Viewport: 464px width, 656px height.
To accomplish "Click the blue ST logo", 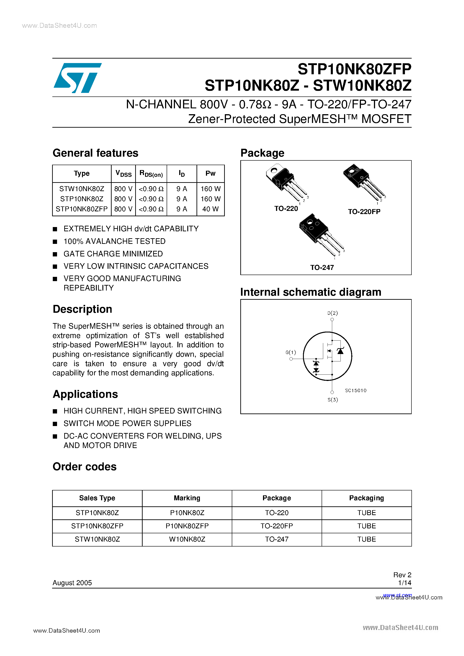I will pyautogui.click(x=77, y=78).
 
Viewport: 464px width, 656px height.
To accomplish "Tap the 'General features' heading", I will pyautogui.click(x=95, y=153).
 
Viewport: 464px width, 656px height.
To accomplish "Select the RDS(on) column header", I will pyautogui.click(x=151, y=173).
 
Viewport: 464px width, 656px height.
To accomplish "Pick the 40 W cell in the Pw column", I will pyautogui.click(x=210, y=209).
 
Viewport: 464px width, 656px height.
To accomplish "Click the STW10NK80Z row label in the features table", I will pyautogui.click(x=82, y=189).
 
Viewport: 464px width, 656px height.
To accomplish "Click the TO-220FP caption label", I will pyautogui.click(x=364, y=212).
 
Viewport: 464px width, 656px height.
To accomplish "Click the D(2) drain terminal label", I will pyautogui.click(x=332, y=313).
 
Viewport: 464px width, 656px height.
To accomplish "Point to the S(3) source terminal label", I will pyautogui.click(x=332, y=400).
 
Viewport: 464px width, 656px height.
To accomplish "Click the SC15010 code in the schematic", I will pyautogui.click(x=355, y=391).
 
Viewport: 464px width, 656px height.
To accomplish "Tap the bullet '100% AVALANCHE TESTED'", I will pyautogui.click(x=114, y=241).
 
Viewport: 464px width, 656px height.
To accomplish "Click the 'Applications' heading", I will pyautogui.click(x=85, y=394).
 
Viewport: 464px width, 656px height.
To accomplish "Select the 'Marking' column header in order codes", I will pyautogui.click(x=187, y=498).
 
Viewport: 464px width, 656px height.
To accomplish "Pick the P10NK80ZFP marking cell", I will pyautogui.click(x=187, y=526).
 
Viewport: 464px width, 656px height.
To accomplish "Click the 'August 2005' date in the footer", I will pyautogui.click(x=72, y=583).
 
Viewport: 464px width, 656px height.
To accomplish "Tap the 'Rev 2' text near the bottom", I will pyautogui.click(x=402, y=575).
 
